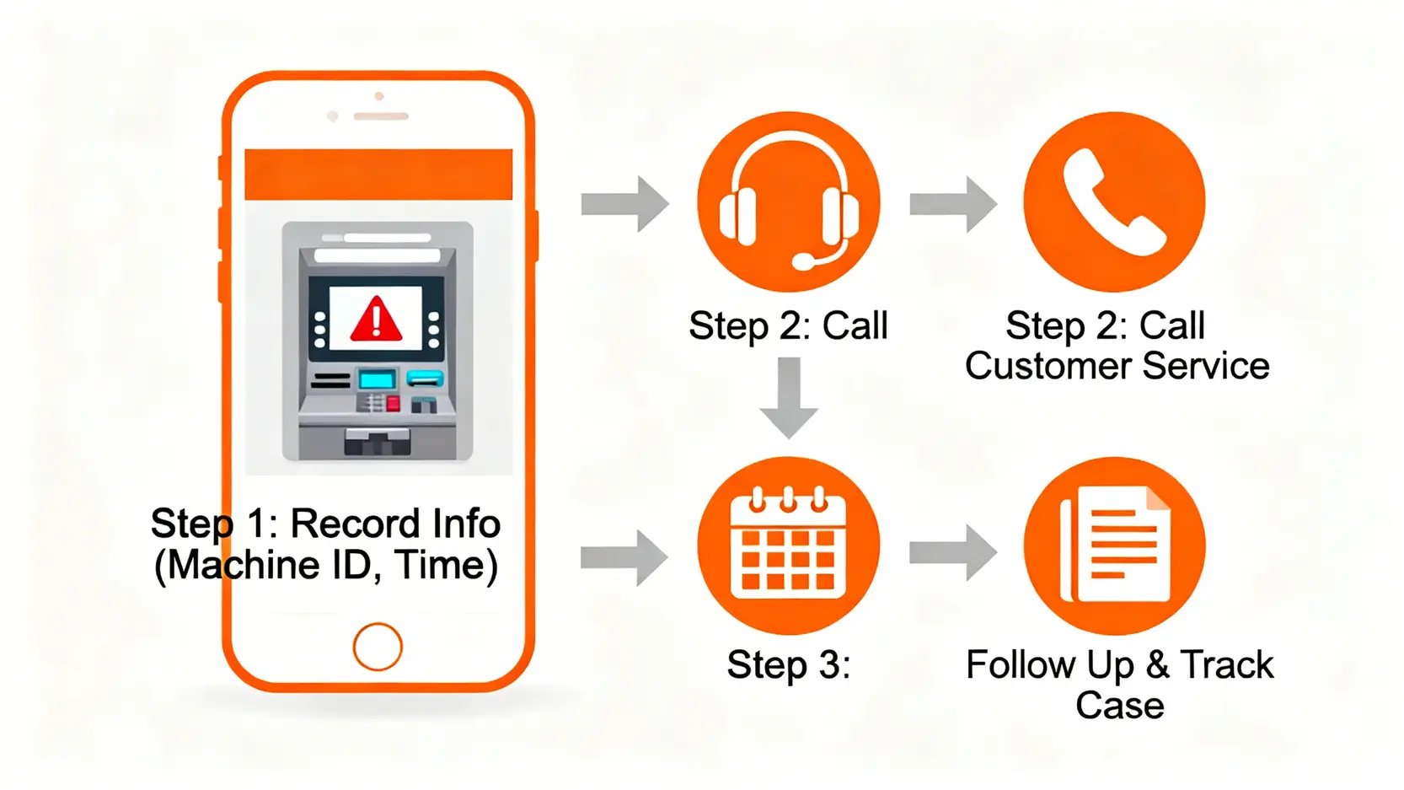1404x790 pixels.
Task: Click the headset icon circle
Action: tap(789, 202)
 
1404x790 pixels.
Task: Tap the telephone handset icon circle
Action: tap(1114, 202)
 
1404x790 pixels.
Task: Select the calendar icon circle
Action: tap(789, 545)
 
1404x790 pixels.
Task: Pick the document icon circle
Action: tap(1114, 545)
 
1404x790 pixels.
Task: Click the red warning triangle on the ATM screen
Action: tap(376, 320)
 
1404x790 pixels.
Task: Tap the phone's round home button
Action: tap(378, 647)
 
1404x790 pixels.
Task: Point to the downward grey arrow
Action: tap(789, 397)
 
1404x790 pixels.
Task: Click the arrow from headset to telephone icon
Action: tap(953, 204)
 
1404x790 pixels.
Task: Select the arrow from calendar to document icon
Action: tap(953, 553)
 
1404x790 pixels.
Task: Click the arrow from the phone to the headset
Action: tap(624, 204)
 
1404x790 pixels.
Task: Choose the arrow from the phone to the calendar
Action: tap(624, 557)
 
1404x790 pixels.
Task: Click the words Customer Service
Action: tap(1117, 366)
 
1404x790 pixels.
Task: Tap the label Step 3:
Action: tap(789, 665)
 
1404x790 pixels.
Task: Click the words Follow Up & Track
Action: tap(1119, 665)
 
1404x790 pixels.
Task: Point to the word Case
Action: tap(1119, 706)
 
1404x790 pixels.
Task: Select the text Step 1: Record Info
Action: tap(325, 524)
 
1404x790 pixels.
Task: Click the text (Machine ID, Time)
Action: tap(325, 565)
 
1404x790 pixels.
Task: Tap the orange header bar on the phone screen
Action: tap(378, 175)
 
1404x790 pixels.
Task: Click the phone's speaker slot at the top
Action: tap(381, 116)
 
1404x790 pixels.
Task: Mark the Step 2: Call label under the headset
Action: tap(788, 326)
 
